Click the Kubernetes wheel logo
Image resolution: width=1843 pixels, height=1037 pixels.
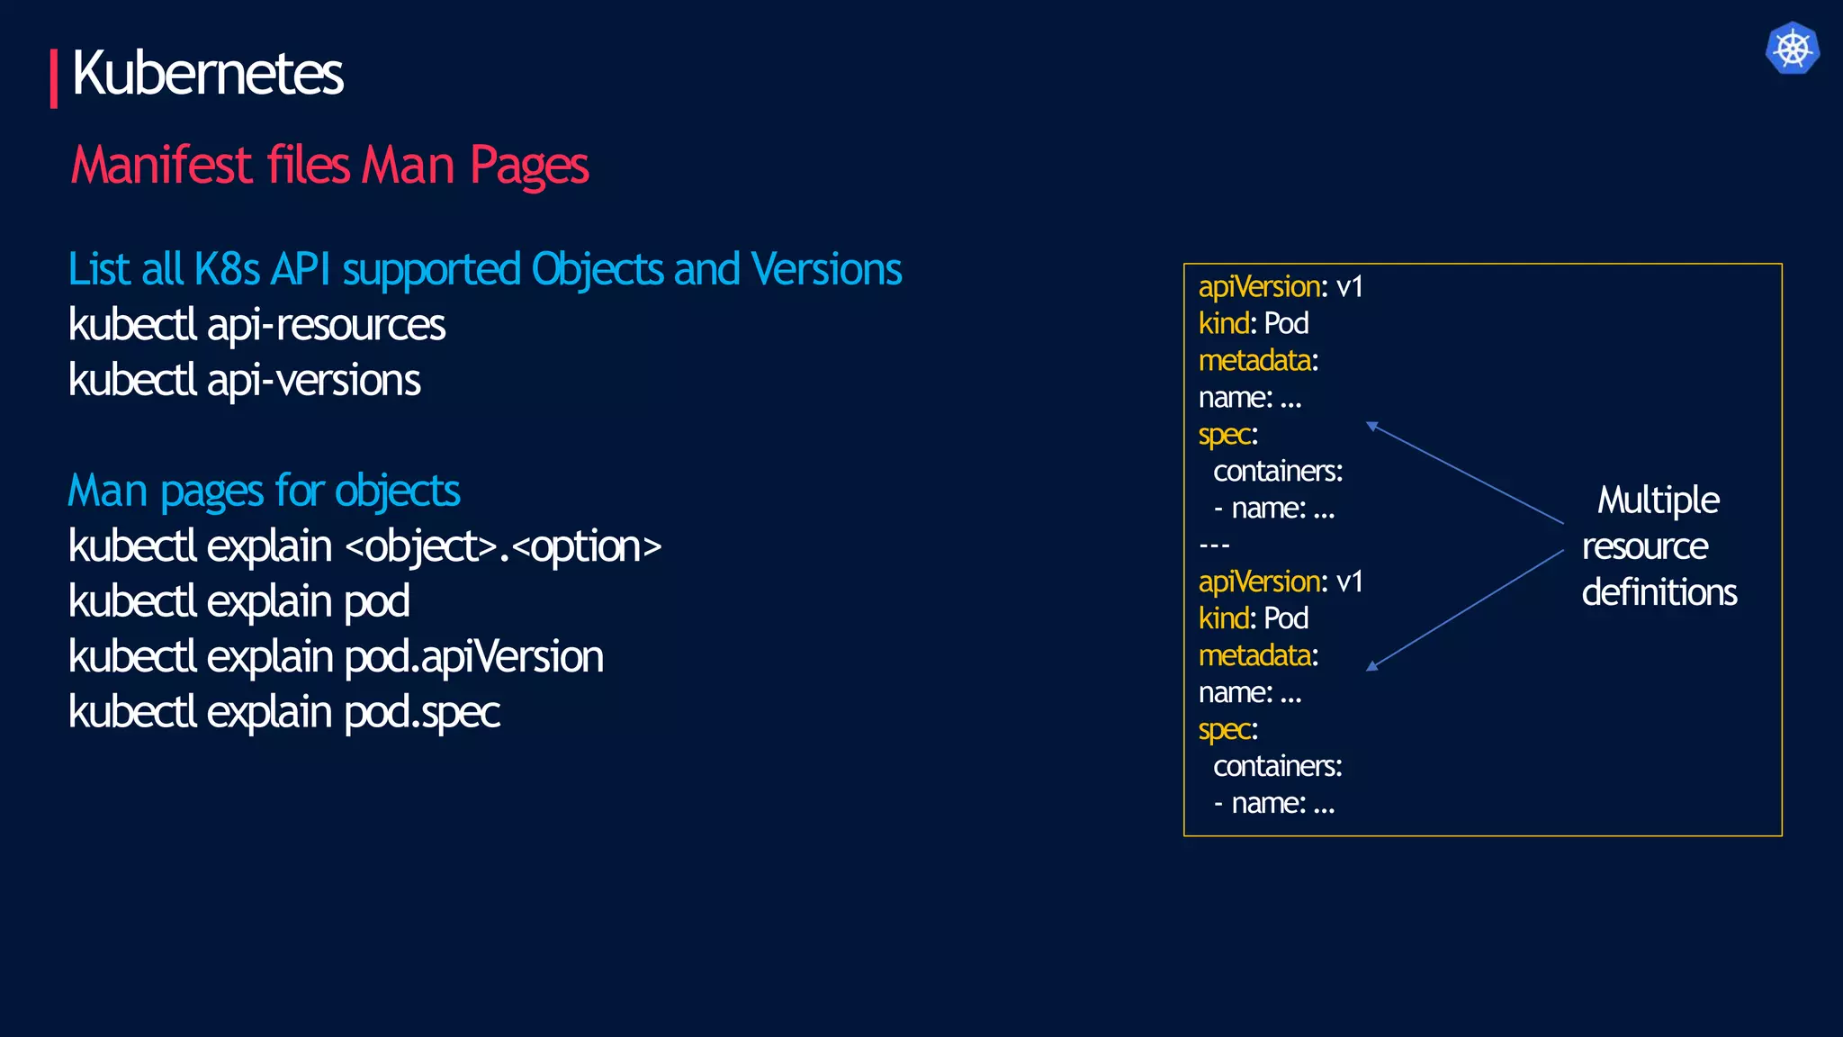click(x=1792, y=49)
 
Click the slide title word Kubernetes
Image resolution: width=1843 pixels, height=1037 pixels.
click(x=207, y=74)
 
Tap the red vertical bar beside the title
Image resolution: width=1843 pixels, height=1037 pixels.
click(x=54, y=79)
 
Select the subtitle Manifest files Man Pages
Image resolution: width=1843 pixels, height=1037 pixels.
click(x=329, y=167)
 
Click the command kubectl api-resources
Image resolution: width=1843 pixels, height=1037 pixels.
click(x=256, y=326)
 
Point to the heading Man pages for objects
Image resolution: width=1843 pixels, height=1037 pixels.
click(x=264, y=491)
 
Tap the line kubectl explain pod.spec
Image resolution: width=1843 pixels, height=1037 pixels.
click(x=283, y=713)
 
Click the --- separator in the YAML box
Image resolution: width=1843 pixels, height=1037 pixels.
click(x=1214, y=546)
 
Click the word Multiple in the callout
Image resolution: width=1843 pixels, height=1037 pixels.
click(x=1658, y=500)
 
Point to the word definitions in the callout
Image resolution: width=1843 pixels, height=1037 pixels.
click(x=1659, y=593)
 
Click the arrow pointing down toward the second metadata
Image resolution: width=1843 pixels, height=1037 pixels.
click(x=1464, y=609)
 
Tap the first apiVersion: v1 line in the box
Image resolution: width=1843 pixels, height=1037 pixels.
click(x=1280, y=287)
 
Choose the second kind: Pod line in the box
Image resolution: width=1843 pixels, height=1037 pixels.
click(x=1253, y=618)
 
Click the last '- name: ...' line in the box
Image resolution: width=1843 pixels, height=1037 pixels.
click(x=1273, y=803)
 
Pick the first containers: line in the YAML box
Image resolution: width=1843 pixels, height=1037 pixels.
click(x=1277, y=472)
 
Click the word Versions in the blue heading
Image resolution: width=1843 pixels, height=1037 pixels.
click(x=826, y=270)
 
